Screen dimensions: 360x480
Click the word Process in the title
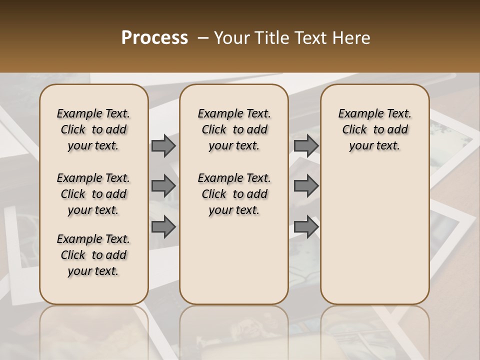[x=154, y=38]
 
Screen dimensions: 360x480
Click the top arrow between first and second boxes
[x=163, y=146]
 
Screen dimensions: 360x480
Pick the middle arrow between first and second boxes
[x=163, y=186]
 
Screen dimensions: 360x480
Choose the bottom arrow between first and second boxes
[x=163, y=226]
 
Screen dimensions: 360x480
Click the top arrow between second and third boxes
[x=306, y=146]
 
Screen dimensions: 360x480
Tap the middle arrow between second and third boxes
[x=306, y=186]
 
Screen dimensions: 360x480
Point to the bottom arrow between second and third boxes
[x=306, y=226]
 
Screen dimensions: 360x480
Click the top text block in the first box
[x=93, y=129]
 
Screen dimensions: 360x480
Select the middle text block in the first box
[x=93, y=194]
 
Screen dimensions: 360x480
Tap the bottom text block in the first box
[x=93, y=255]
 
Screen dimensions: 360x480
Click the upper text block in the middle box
[x=234, y=129]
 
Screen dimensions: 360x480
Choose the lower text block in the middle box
[x=234, y=194]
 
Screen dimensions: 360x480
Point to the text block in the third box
[x=375, y=129]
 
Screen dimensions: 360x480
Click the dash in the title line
[x=203, y=38]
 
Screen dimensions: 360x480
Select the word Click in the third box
[x=354, y=130]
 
